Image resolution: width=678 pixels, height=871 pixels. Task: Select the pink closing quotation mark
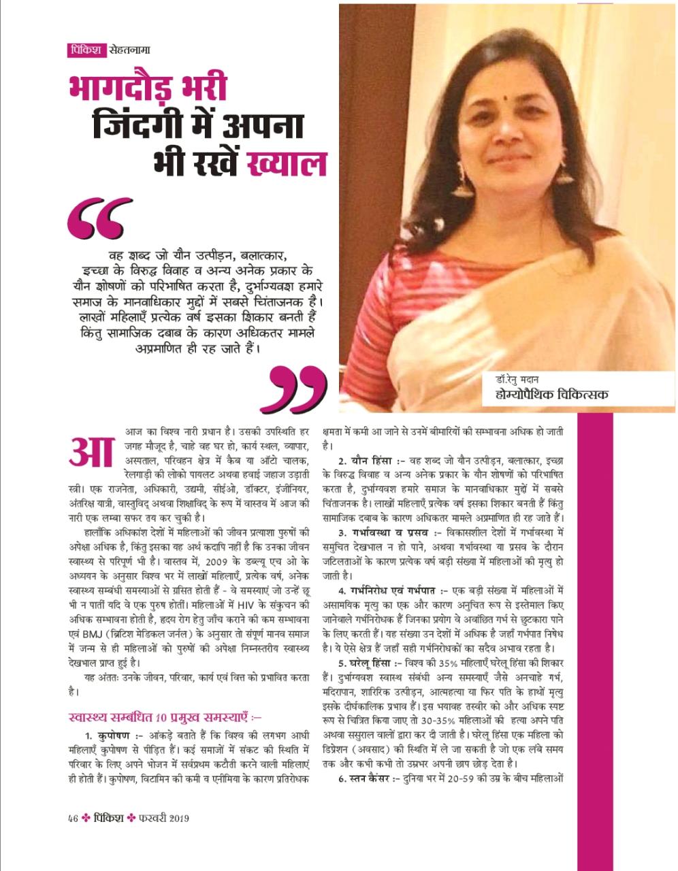pos(298,387)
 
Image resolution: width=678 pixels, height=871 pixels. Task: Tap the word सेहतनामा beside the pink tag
pos(129,50)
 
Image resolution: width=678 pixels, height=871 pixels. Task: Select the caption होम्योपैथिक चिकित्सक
pos(551,394)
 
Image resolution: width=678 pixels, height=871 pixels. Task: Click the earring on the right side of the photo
pos(564,172)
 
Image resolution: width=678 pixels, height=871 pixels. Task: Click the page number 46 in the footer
pos(73,818)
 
